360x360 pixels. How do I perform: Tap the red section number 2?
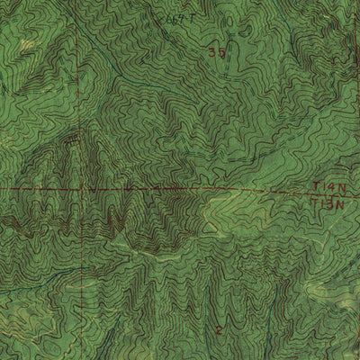[x=218, y=331]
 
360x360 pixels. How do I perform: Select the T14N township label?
[x=328, y=186]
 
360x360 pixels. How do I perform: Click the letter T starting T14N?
[x=316, y=186]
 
